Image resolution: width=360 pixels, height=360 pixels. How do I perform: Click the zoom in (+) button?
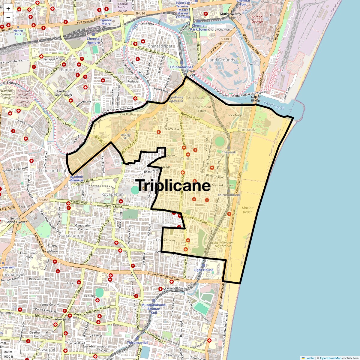(x=8, y=9)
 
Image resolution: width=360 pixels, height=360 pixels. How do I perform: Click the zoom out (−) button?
(x=8, y=17)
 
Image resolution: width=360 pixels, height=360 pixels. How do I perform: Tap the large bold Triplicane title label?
(x=173, y=185)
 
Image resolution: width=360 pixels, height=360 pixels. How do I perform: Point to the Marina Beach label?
(x=247, y=210)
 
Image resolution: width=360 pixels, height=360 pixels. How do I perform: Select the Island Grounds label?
(x=220, y=60)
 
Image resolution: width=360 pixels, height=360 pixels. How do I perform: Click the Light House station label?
(x=203, y=270)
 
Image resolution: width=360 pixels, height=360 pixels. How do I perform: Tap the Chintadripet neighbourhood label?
(x=160, y=46)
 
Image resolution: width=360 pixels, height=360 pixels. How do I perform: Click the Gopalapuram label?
(x=72, y=235)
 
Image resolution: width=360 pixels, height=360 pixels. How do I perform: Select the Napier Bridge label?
(x=256, y=99)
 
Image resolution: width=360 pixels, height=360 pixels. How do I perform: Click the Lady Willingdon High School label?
(x=223, y=244)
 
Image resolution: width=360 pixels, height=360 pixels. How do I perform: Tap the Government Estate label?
(x=202, y=109)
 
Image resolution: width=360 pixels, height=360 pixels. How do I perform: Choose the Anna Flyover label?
(x=17, y=222)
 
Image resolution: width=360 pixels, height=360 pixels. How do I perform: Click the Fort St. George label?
(x=257, y=19)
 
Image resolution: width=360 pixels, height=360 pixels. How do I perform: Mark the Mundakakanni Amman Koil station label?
(x=154, y=309)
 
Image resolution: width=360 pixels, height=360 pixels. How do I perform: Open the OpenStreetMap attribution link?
(x=330, y=358)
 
